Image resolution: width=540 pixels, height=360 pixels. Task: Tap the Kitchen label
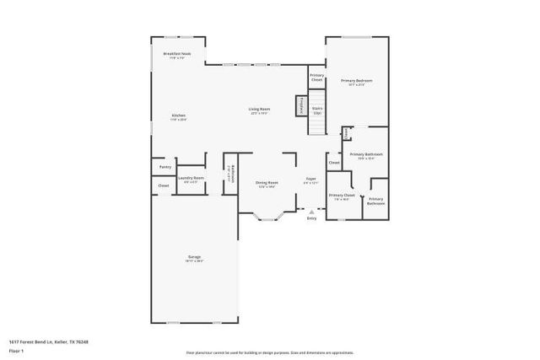click(179, 116)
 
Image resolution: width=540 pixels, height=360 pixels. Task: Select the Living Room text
click(259, 110)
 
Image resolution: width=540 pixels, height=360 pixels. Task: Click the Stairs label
click(317, 110)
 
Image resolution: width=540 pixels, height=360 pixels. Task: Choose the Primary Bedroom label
click(357, 82)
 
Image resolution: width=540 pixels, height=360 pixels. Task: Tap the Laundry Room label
click(193, 179)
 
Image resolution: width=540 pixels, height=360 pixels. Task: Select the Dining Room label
click(267, 185)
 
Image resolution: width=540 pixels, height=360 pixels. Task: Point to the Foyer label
click(311, 180)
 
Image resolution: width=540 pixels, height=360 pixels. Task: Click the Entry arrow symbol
click(311, 212)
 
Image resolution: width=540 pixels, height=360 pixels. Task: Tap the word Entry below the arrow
click(311, 218)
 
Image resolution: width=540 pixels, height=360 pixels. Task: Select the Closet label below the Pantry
click(164, 185)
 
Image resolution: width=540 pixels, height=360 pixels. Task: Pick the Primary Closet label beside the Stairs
click(316, 77)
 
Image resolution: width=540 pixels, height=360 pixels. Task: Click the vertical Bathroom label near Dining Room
click(231, 173)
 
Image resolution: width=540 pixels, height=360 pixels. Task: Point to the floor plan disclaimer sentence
click(270, 352)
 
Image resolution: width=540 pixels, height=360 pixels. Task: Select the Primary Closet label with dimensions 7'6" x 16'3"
click(342, 196)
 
